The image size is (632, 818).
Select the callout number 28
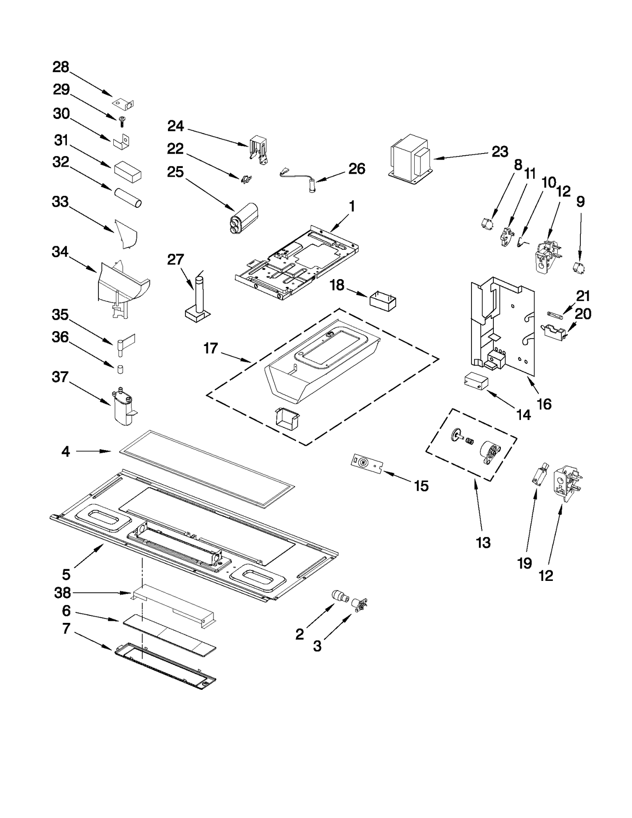click(x=61, y=67)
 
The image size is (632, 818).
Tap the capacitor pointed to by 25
click(x=244, y=216)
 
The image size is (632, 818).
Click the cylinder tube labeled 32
click(x=128, y=197)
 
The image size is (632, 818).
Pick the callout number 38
click(x=63, y=593)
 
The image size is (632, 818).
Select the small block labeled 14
click(x=475, y=380)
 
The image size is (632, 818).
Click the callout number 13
click(x=483, y=543)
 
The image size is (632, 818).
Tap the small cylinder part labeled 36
click(x=119, y=370)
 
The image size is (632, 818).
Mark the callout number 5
click(x=66, y=573)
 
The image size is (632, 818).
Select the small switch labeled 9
click(x=579, y=267)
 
